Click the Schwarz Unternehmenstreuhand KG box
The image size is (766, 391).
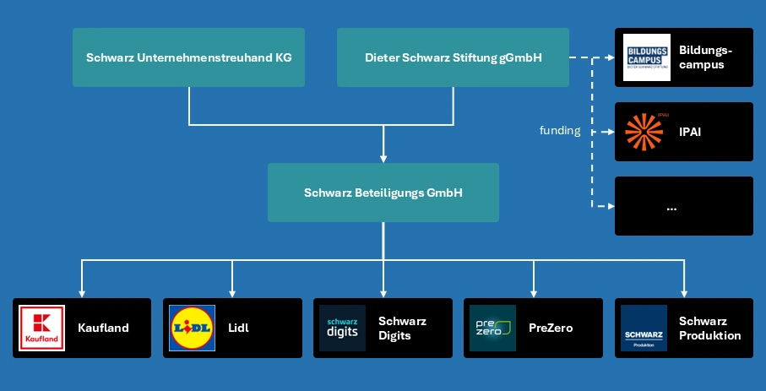188,57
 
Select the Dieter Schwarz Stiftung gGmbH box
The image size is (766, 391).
453,57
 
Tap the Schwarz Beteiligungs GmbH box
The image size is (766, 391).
383,193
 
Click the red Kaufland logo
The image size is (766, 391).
42,328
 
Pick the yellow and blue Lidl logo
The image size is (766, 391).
192,328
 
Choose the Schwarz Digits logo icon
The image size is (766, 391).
342,328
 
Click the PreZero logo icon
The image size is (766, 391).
492,328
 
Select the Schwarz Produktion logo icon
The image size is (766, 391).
644,328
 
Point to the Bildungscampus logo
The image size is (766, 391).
646,57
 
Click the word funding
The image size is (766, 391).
560,131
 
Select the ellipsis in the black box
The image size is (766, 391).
671,206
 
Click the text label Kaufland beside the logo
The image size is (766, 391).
103,328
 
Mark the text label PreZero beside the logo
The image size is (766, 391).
551,328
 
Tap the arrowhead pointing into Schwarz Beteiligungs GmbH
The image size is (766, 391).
383,158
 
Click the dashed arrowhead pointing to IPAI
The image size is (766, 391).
610,132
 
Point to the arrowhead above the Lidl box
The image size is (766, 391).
232,292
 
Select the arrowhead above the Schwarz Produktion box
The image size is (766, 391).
684,292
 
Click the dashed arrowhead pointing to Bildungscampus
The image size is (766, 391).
610,57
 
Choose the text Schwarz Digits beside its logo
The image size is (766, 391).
402,328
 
